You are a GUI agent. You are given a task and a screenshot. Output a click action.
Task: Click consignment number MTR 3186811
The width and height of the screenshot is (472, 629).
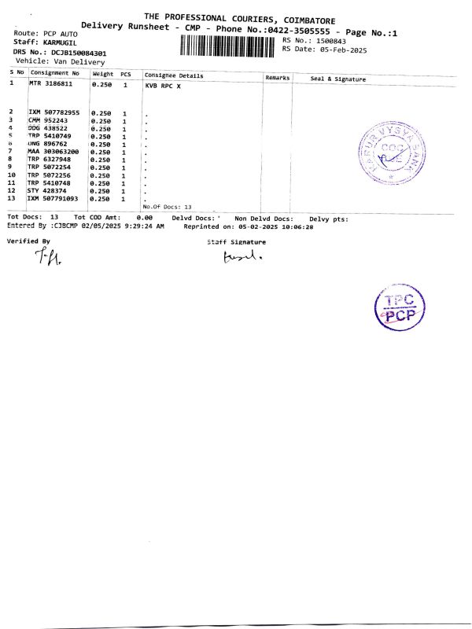(x=54, y=83)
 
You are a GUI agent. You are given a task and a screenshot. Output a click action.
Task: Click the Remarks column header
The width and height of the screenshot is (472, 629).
(x=278, y=78)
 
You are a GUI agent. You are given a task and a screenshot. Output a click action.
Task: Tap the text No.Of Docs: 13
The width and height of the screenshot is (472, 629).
(x=168, y=206)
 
